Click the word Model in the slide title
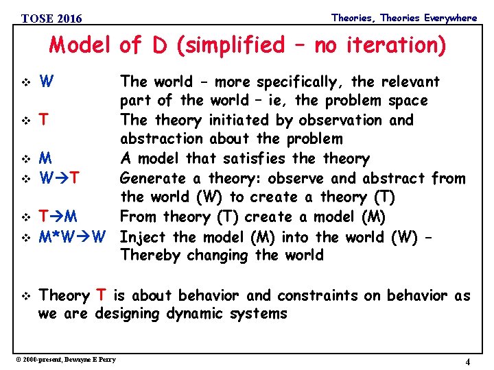80,46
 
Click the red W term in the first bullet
47,82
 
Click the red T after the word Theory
101,295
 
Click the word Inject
142,236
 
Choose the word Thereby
149,256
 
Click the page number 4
467,362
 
